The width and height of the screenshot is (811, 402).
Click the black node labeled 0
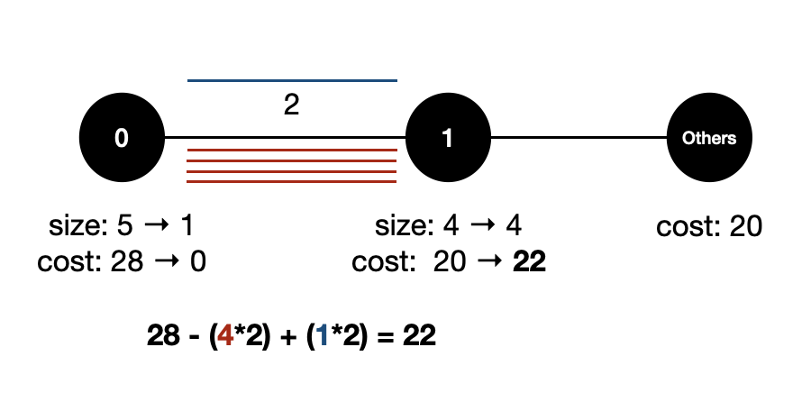pyautogui.click(x=122, y=138)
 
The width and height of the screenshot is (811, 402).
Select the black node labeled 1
pyautogui.click(x=448, y=138)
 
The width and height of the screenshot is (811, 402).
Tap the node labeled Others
pyautogui.click(x=709, y=138)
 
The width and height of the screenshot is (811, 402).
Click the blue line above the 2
pyautogui.click(x=292, y=81)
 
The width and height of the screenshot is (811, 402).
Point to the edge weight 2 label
pyautogui.click(x=291, y=105)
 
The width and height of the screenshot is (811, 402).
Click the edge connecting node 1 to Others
pyautogui.click(x=579, y=138)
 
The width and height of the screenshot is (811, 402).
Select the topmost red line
pyautogui.click(x=292, y=149)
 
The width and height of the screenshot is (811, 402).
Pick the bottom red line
pyautogui.click(x=292, y=181)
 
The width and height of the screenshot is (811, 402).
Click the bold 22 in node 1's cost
pyautogui.click(x=529, y=262)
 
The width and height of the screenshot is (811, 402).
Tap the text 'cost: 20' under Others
pyautogui.click(x=709, y=225)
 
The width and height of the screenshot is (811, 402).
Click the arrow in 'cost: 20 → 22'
pyautogui.click(x=488, y=262)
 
